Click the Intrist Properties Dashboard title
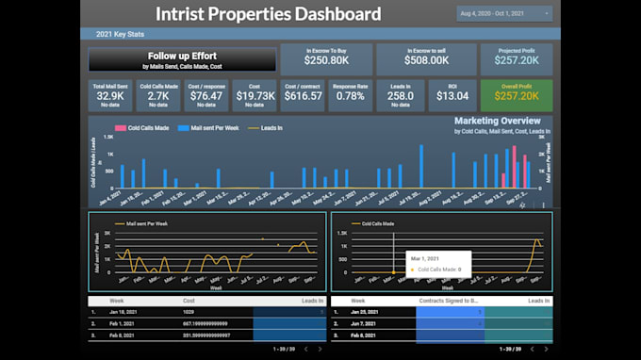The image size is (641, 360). [x=268, y=14]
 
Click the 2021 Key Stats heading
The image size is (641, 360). [x=121, y=34]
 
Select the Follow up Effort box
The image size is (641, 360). [x=182, y=60]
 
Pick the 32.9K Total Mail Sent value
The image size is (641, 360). [x=110, y=96]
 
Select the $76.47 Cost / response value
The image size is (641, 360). [x=206, y=96]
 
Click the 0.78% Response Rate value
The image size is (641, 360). [x=351, y=96]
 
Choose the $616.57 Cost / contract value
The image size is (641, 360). [x=303, y=96]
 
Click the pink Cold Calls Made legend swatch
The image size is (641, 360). [x=121, y=127]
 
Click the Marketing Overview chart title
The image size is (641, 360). [x=497, y=122]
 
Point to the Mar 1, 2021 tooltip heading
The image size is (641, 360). [x=425, y=257]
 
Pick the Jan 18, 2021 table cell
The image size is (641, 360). [x=126, y=310]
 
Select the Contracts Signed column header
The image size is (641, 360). [x=449, y=300]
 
